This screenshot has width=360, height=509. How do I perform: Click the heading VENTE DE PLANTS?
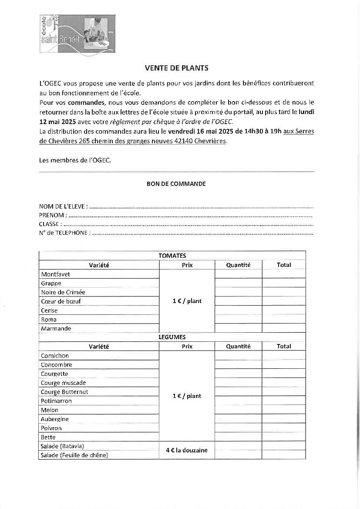tap(176, 68)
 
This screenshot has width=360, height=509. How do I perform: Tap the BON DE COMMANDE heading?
tap(176, 184)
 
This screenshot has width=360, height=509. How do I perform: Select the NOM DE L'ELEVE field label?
tap(63, 206)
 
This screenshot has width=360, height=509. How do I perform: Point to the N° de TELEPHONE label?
tap(65, 233)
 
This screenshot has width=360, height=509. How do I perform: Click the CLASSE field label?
tap(50, 224)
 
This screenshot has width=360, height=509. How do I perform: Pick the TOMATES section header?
tap(172, 256)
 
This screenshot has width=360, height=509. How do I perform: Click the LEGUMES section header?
tap(172, 337)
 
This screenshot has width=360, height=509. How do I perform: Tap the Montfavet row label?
tap(55, 274)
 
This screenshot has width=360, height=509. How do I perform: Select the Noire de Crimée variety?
tap(63, 292)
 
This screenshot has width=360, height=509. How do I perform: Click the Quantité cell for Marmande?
tap(238, 328)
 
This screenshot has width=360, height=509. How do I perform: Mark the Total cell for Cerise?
tap(284, 310)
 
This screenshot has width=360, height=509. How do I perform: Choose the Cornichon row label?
tap(55, 356)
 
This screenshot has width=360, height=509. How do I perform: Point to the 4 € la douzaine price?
tap(187, 450)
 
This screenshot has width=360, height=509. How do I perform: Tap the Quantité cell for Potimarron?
tap(238, 401)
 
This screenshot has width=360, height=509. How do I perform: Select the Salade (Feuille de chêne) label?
tap(74, 455)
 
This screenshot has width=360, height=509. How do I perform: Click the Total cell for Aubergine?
tap(284, 419)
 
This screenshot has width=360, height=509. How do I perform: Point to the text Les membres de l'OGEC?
tap(75, 160)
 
